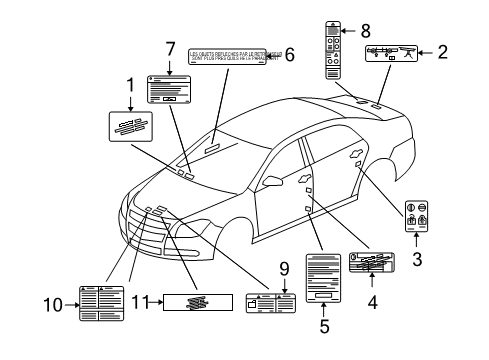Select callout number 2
pos(442,52)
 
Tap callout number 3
pos(417,256)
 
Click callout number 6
pos(290,56)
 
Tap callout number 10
pos(58,304)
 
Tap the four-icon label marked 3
pos(416,218)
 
